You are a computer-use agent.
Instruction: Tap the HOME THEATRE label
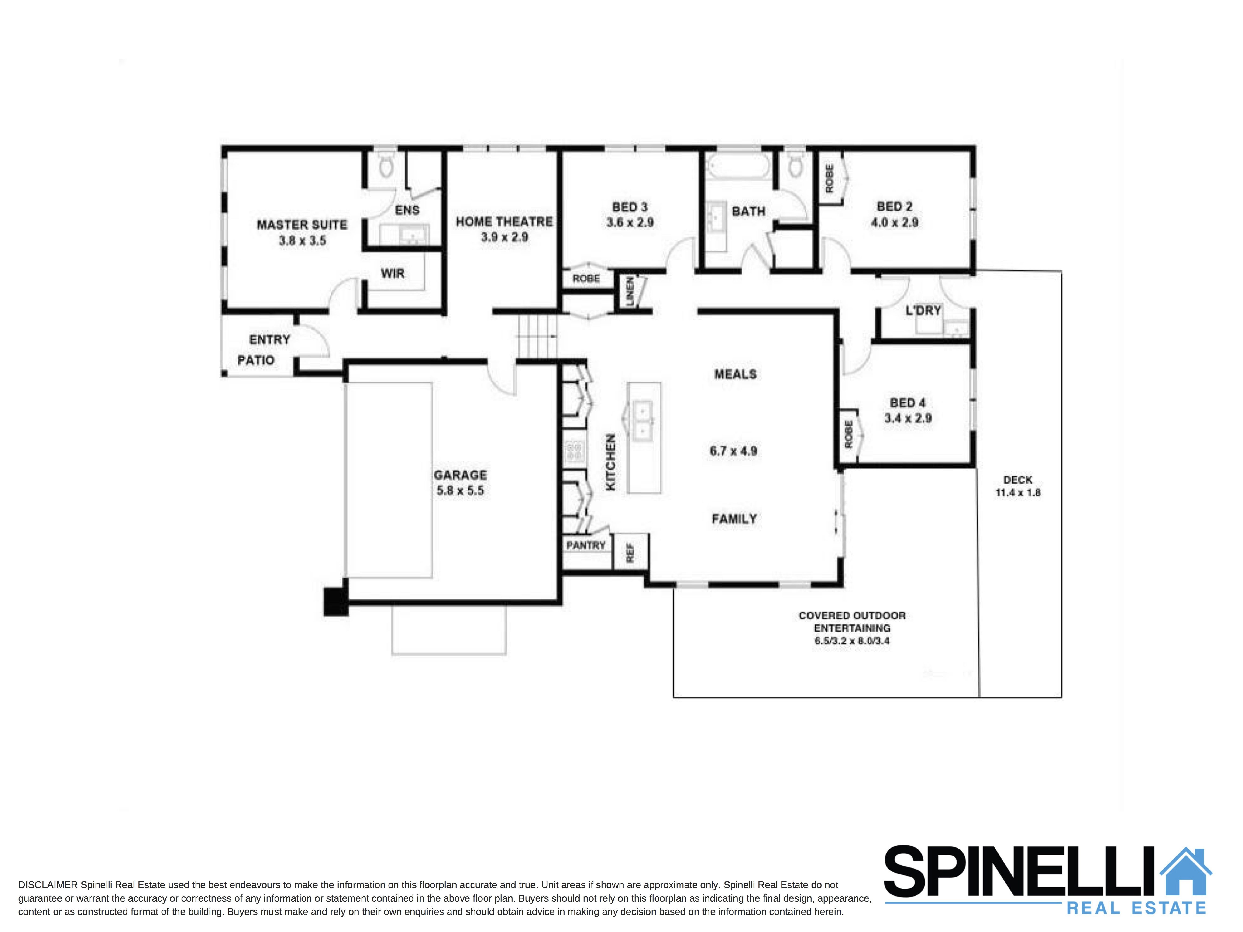click(504, 222)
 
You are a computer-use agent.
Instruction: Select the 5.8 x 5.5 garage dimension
click(460, 490)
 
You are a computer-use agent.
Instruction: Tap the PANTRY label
click(585, 546)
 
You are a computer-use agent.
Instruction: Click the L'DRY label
click(923, 310)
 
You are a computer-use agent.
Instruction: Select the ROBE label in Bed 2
click(830, 178)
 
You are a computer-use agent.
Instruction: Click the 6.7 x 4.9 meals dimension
click(733, 451)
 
